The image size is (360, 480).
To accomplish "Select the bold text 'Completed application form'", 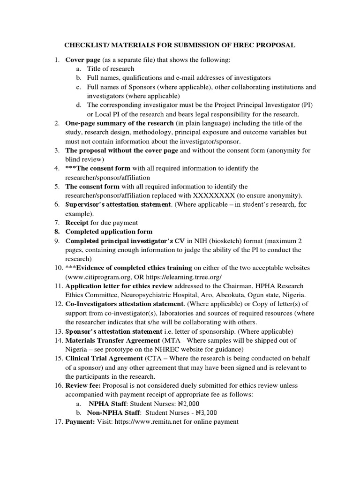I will click(x=109, y=232).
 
